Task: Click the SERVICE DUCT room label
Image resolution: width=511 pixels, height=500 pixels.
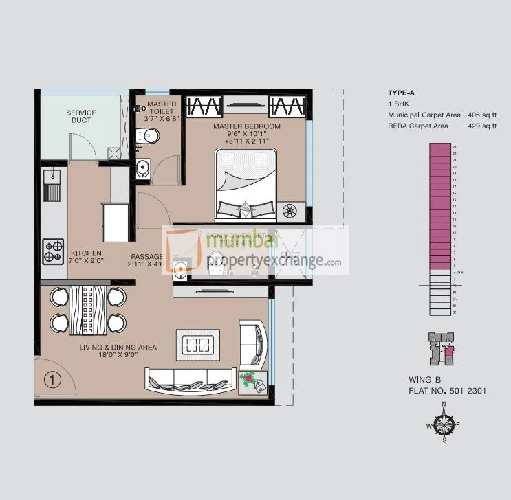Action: tap(80, 117)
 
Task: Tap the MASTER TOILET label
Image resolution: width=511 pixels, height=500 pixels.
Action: tap(162, 109)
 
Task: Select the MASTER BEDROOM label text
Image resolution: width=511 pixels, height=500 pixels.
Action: tap(246, 127)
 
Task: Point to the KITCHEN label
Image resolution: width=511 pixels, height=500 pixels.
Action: tap(86, 253)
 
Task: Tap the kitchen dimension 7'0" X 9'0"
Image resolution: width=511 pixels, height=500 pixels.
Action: tap(86, 262)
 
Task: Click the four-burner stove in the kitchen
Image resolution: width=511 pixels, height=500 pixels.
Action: tap(53, 251)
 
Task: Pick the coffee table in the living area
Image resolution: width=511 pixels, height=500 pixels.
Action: tap(199, 343)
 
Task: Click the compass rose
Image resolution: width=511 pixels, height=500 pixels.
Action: tap(444, 424)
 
